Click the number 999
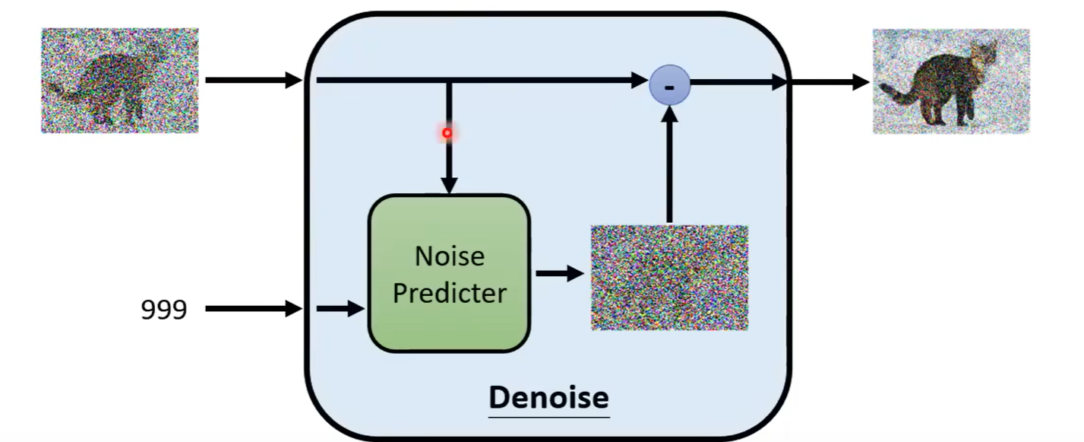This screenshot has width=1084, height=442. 163,309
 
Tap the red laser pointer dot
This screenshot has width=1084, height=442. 447,133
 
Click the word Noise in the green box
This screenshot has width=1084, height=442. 449,256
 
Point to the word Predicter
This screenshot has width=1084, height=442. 449,293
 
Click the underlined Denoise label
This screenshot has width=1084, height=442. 548,397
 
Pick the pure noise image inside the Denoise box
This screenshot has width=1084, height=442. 669,277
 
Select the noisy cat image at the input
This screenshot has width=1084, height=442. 120,81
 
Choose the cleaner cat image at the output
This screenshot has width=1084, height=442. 950,81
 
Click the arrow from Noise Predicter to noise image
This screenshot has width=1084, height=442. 559,274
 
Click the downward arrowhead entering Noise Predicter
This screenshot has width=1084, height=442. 449,185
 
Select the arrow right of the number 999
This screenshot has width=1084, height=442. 253,308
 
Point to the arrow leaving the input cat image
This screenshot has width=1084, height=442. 253,79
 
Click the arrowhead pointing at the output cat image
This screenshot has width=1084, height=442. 861,81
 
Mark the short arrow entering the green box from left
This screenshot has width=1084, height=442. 340,308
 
